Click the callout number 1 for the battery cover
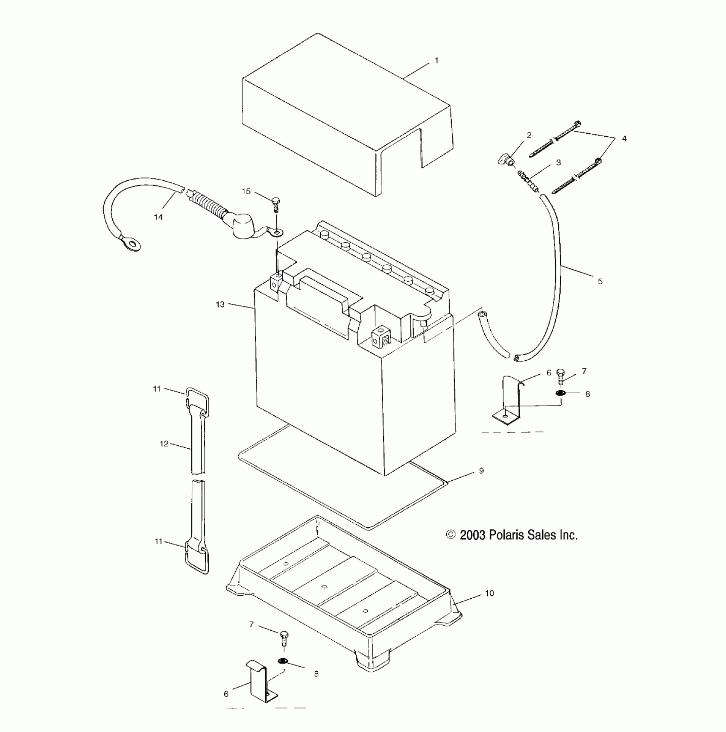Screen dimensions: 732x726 [436, 61]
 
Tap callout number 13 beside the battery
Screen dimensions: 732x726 [220, 305]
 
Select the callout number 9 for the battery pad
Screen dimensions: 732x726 [481, 470]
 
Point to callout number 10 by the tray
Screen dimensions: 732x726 [489, 593]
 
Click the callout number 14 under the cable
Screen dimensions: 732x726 [158, 218]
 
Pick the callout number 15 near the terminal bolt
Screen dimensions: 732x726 [246, 191]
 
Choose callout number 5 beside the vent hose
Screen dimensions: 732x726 [600, 281]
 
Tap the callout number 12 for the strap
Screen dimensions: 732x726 [164, 444]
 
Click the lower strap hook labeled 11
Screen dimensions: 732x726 [197, 557]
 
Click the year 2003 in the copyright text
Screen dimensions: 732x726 [472, 535]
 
